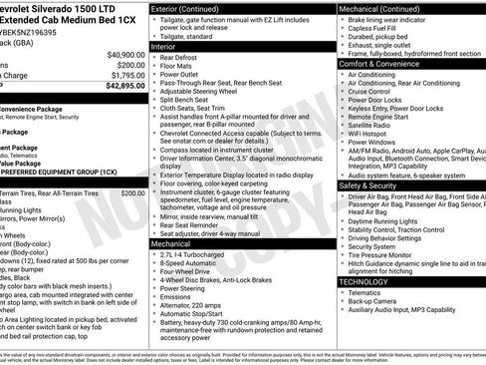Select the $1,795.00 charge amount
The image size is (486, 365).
[125, 74]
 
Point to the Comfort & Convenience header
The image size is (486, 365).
[384, 63]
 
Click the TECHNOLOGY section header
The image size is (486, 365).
[364, 281]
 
